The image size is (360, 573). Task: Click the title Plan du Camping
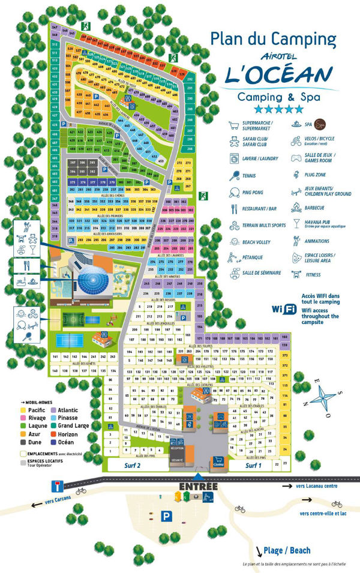[x=273, y=39]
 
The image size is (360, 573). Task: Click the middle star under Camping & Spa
[x=278, y=109]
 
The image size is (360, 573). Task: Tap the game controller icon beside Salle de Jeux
[x=296, y=158]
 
